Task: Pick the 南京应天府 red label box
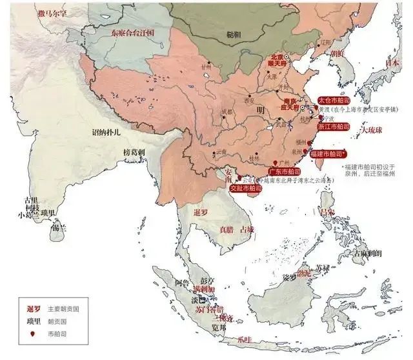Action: coord(292,105)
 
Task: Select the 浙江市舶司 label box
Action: coord(333,127)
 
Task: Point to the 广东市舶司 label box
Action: coord(284,172)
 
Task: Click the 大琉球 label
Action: coord(372,131)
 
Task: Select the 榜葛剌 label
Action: coord(136,152)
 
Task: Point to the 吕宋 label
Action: coord(328,211)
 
